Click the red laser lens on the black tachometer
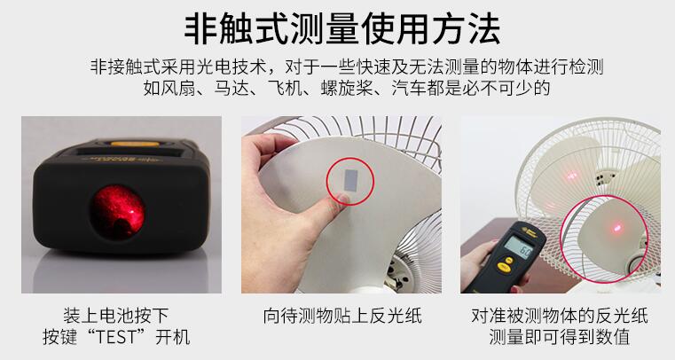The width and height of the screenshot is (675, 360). pos(117,212)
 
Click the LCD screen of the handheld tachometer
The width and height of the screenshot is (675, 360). pos(518,247)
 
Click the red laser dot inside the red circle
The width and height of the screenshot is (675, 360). pos(616,227)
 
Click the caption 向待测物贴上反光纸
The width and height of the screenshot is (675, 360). pos(341,316)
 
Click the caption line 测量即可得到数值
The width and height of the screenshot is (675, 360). pos(559,337)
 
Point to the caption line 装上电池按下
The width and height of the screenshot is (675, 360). pos(116,316)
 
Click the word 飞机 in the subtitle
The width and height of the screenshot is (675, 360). pos(285,88)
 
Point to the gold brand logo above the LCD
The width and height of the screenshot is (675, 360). pos(529,231)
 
